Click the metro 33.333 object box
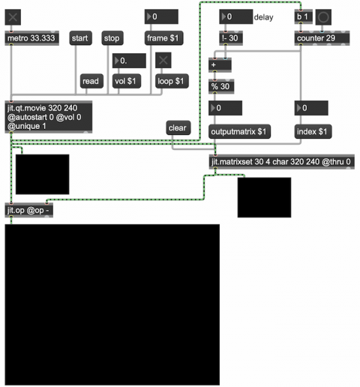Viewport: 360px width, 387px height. [32, 38]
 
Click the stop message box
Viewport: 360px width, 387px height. [112, 38]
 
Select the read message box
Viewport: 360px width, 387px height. [91, 81]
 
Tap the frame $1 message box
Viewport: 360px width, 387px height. [163, 38]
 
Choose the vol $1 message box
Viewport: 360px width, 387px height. [127, 81]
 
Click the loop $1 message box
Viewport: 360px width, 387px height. [172, 81]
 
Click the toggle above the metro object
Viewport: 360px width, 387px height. [13, 17]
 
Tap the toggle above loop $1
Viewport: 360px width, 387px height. [163, 60]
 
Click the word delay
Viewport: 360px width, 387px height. [263, 17]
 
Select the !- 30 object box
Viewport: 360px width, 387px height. [231, 38]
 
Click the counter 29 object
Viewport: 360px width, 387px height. [322, 38]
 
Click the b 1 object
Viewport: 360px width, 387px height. [304, 17]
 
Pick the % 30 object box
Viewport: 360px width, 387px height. [221, 86]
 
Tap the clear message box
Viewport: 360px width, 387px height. [178, 128]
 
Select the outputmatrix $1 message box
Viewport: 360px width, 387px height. [239, 131]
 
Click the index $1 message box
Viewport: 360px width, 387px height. [313, 131]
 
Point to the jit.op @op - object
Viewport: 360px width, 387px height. [29, 210]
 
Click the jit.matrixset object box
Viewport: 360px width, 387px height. [282, 162]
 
